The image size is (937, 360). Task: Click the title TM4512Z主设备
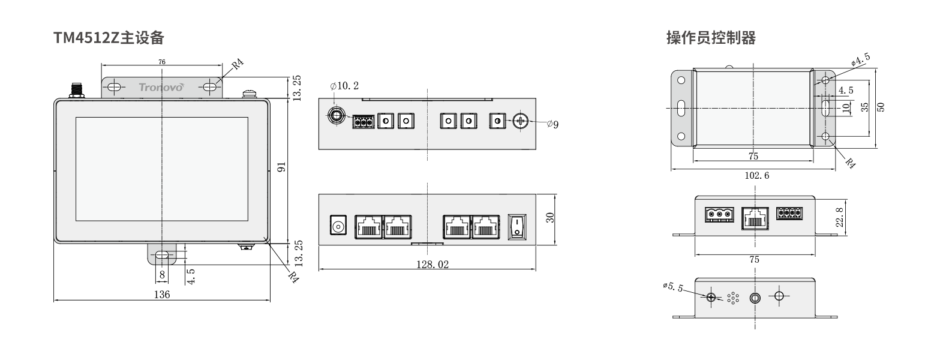tap(109, 38)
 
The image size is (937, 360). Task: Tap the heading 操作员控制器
tap(711, 38)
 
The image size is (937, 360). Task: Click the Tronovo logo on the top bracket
tap(161, 87)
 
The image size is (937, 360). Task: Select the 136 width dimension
tap(162, 295)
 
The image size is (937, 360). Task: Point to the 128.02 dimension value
tap(433, 265)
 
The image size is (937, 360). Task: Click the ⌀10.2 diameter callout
tap(344, 86)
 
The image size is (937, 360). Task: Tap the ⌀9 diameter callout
tap(552, 124)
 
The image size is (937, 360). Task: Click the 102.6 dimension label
tap(756, 175)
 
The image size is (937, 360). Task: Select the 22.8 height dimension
tap(840, 217)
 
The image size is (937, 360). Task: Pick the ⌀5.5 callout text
tap(672, 287)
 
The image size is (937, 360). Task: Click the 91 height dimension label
tap(282, 167)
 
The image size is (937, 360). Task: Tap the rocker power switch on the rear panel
tap(517, 227)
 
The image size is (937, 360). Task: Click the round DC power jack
tap(338, 225)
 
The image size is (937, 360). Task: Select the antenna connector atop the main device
tap(77, 90)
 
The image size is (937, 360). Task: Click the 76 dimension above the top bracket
tap(162, 62)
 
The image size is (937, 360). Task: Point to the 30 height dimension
tap(550, 218)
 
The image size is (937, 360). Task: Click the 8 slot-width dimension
tap(162, 275)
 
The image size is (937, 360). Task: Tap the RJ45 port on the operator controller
tap(755, 218)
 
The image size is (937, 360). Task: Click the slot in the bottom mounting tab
tap(162, 255)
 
